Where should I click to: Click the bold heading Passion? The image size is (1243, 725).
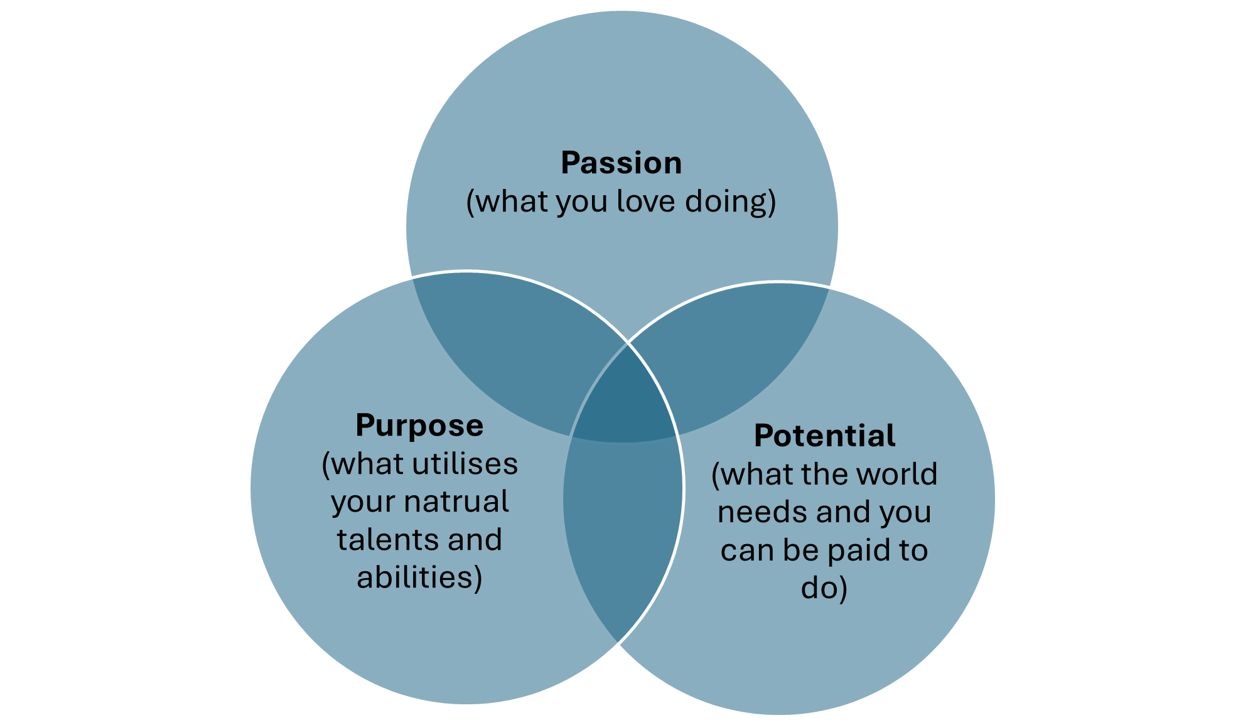tap(621, 163)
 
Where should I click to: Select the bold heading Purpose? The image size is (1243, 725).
tap(419, 426)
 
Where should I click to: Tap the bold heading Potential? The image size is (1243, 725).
tap(824, 436)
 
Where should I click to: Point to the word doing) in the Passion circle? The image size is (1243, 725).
tap(730, 203)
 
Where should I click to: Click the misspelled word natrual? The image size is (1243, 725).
tap(456, 502)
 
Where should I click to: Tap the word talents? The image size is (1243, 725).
tap(378, 540)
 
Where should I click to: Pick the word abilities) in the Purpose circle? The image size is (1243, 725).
tap(419, 578)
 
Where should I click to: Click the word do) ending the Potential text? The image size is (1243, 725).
tap(824, 589)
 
